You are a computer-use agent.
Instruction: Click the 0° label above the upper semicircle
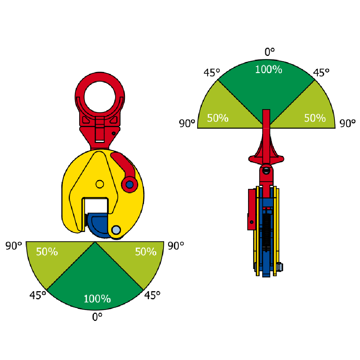[x=269, y=52]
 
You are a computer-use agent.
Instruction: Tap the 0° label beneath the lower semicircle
[x=97, y=317]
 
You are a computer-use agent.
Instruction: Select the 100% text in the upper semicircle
[x=269, y=69]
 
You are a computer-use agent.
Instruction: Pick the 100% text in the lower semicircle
[x=97, y=299]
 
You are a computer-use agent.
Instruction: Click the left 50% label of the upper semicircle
[x=218, y=118]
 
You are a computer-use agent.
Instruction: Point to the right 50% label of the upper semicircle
[x=315, y=118]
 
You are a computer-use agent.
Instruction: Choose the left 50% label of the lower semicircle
[x=47, y=252]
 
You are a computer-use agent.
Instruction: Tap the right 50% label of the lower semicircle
[x=145, y=252]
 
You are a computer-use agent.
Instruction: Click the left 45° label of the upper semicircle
[x=212, y=73]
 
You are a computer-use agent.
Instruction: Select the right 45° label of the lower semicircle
[x=152, y=295]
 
